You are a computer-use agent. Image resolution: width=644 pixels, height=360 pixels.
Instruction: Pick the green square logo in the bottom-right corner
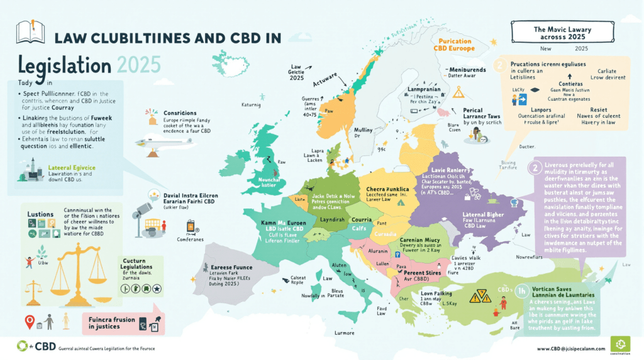click(x=621, y=346)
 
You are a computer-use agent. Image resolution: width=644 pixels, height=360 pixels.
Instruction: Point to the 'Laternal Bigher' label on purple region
click(x=463, y=216)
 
